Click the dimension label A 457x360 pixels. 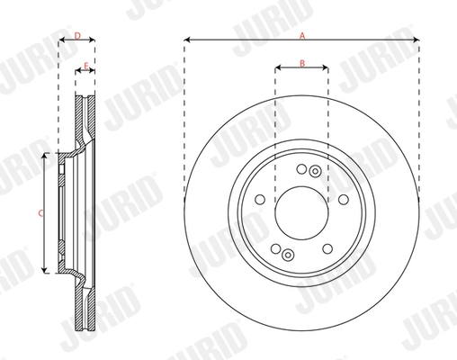tap(302, 33)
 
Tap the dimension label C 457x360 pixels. tap(40, 212)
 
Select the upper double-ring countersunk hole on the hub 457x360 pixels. tap(314, 171)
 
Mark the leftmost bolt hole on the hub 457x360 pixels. tap(259, 200)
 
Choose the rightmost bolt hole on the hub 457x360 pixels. tap(344, 200)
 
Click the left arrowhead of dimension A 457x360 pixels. tap(186, 40)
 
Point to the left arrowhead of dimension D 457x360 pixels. tap(61, 41)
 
